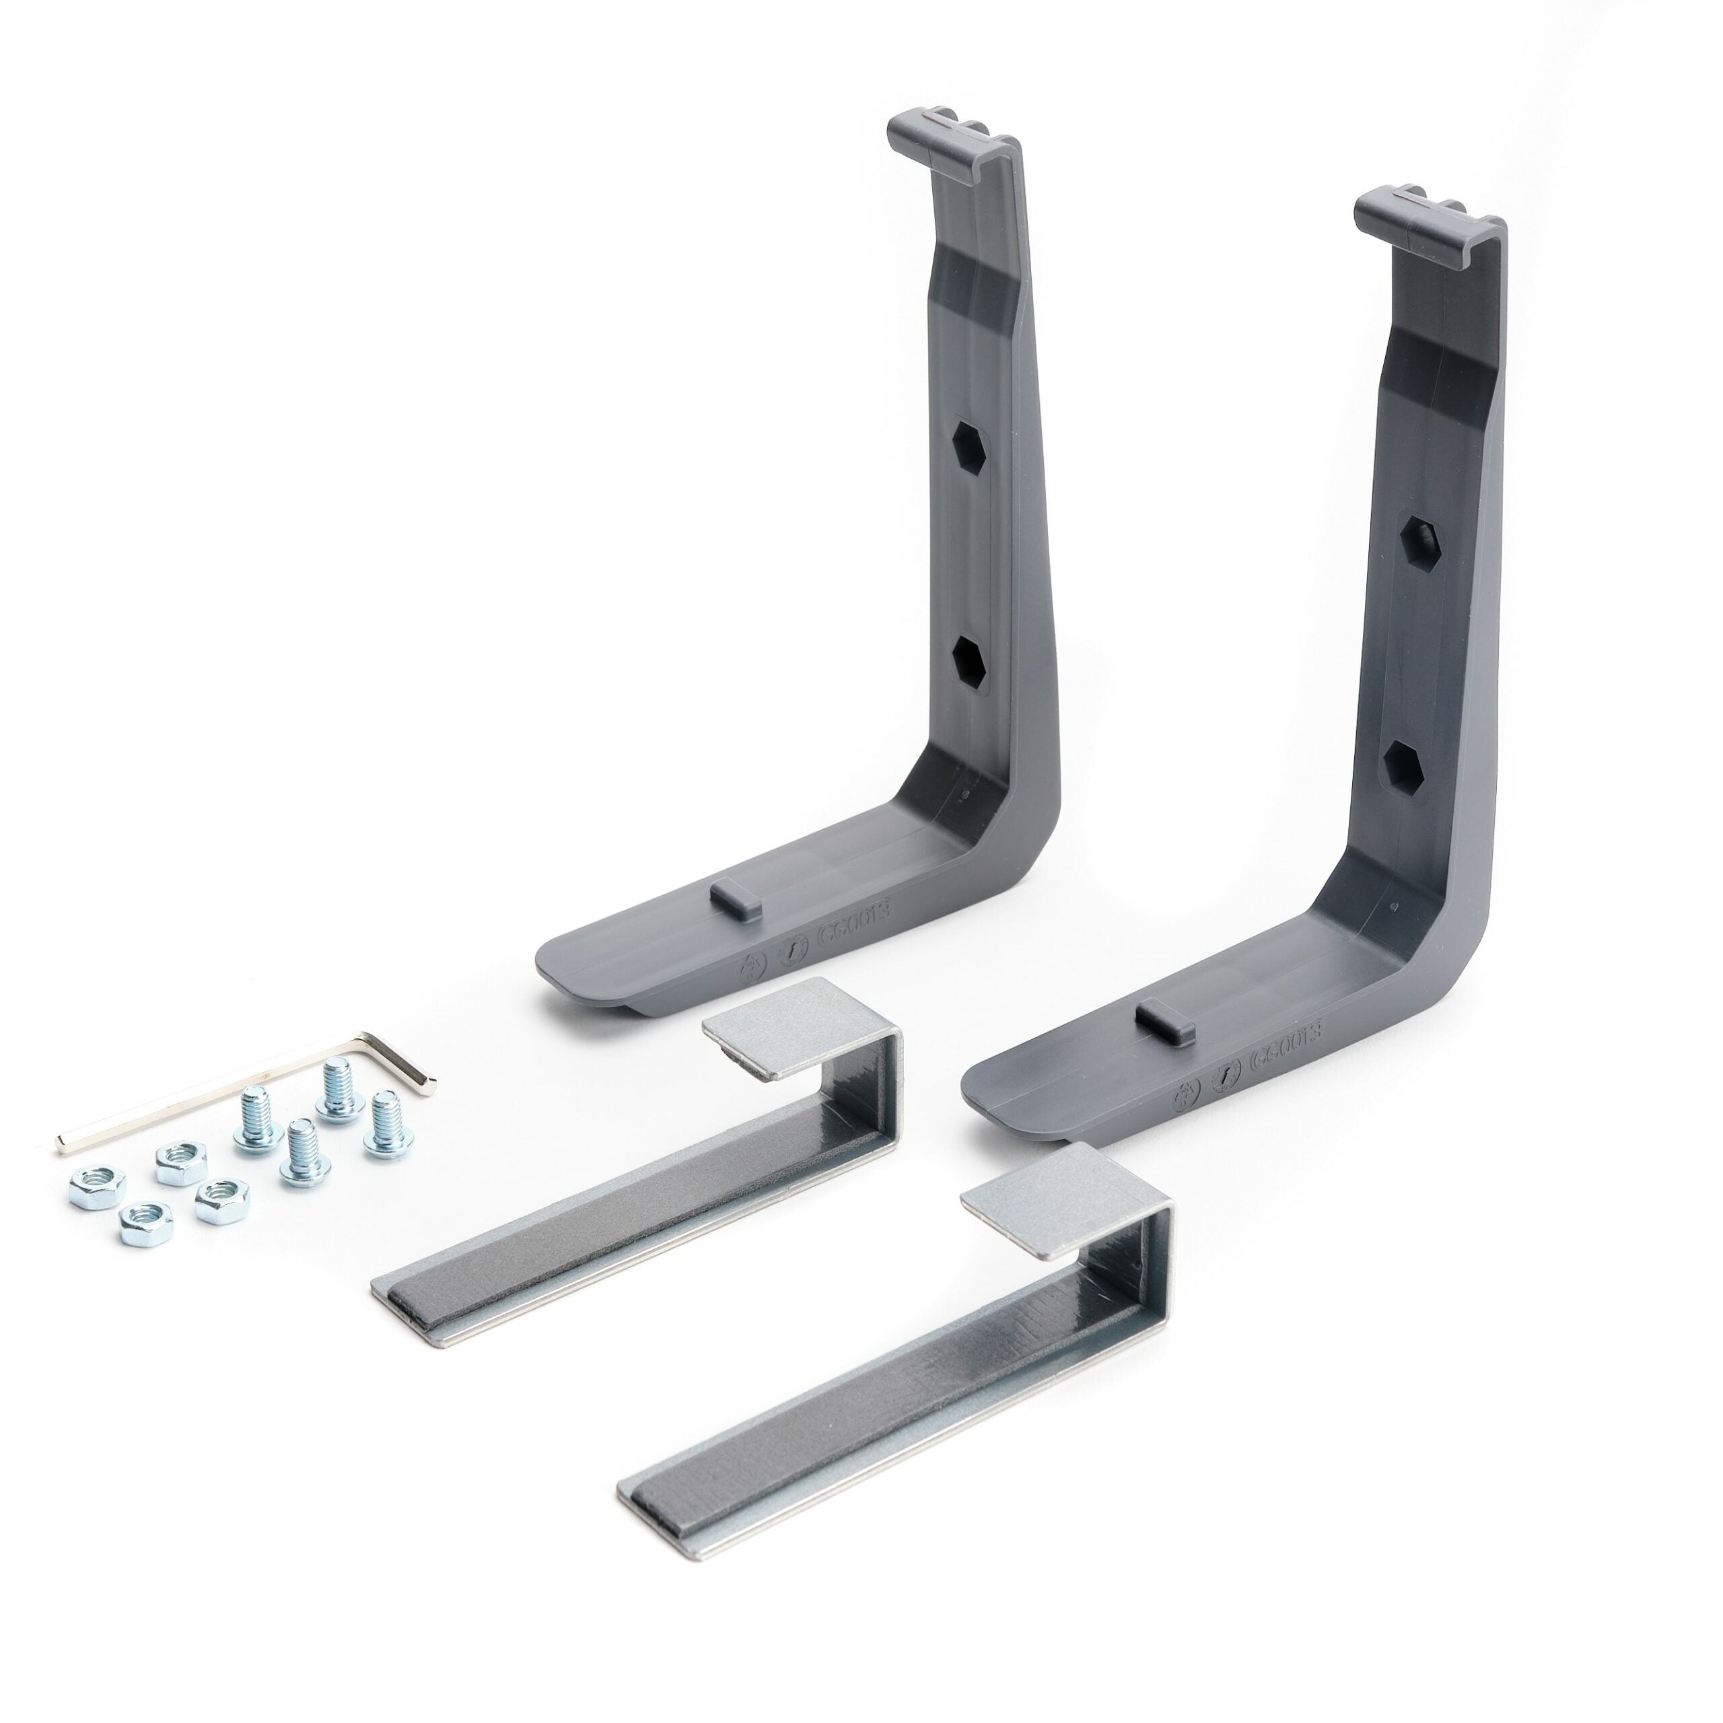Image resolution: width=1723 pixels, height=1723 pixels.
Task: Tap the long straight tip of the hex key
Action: click(x=64, y=1139)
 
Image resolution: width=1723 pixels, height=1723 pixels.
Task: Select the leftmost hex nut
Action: click(x=96, y=1188)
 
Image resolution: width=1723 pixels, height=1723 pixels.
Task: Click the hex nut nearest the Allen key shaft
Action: click(x=181, y=1163)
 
